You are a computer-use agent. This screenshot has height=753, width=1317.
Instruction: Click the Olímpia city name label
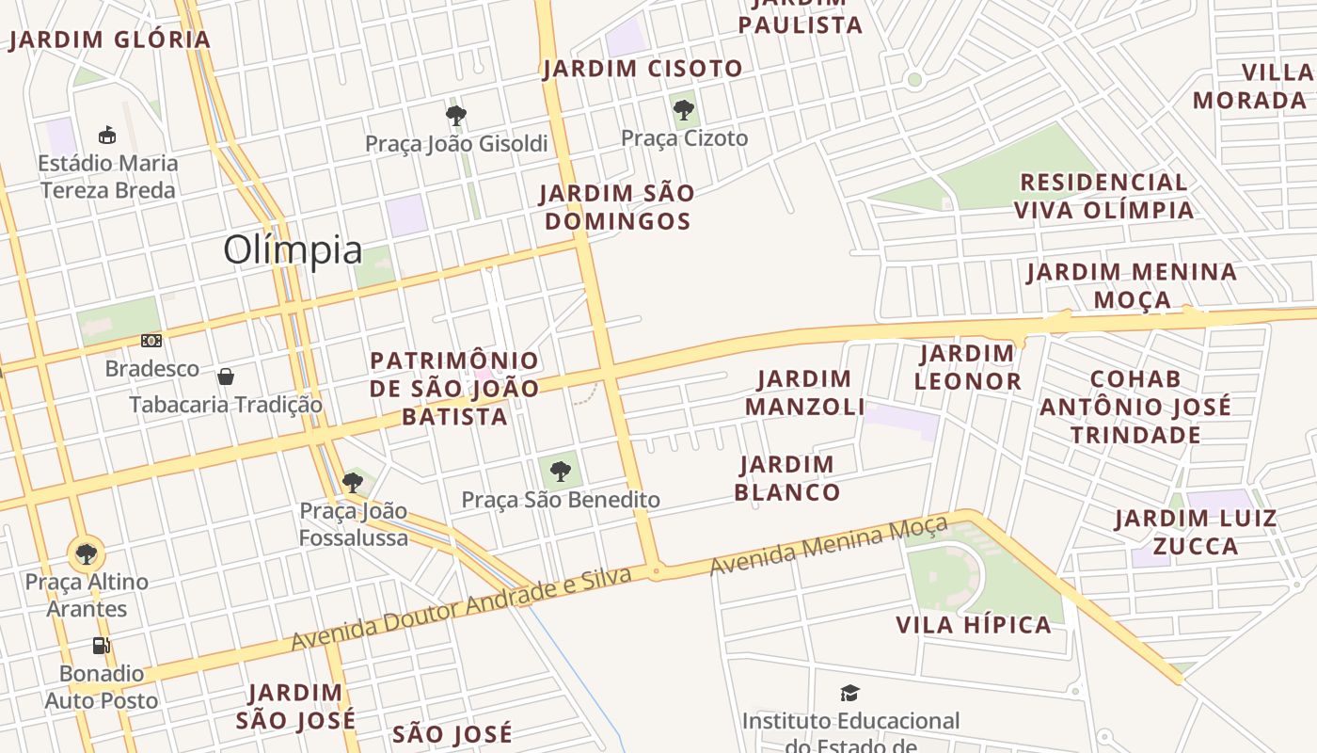pos(293,250)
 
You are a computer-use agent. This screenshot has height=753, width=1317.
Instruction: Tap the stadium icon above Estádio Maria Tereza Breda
pos(107,136)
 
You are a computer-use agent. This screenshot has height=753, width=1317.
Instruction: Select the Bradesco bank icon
pos(151,341)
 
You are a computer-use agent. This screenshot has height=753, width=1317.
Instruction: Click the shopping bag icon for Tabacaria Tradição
pos(226,377)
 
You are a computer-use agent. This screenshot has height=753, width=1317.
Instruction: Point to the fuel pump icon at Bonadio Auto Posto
pos(101,646)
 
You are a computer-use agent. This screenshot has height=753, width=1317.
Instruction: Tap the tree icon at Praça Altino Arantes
pos(87,553)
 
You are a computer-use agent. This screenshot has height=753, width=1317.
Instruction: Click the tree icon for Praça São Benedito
pos(561,471)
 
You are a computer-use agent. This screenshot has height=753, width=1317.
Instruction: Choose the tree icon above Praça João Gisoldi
pos(456,116)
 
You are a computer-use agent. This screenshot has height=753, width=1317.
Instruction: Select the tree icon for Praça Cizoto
pos(684,110)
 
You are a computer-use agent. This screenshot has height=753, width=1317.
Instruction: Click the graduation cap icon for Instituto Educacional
pos(850,694)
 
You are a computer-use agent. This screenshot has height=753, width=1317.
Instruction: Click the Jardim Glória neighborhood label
pos(110,40)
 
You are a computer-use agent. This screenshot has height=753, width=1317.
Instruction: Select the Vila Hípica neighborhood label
pos(974,625)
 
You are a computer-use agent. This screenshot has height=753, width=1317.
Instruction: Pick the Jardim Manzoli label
pos(805,393)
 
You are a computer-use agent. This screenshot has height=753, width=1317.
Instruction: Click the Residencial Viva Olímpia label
pos(1103,196)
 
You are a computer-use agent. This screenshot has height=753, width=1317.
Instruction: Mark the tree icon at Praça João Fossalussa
pos(353,483)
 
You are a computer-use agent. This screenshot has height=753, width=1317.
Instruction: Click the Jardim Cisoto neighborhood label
pos(643,69)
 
